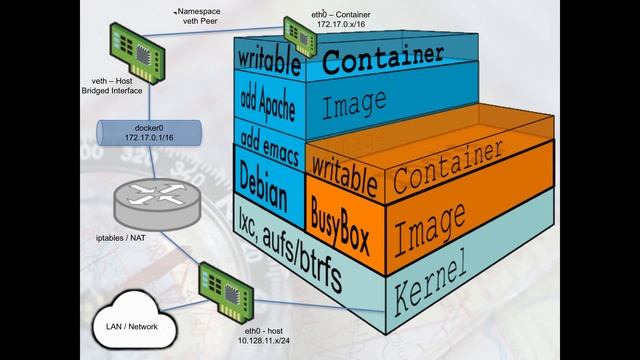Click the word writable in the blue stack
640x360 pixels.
269,60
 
